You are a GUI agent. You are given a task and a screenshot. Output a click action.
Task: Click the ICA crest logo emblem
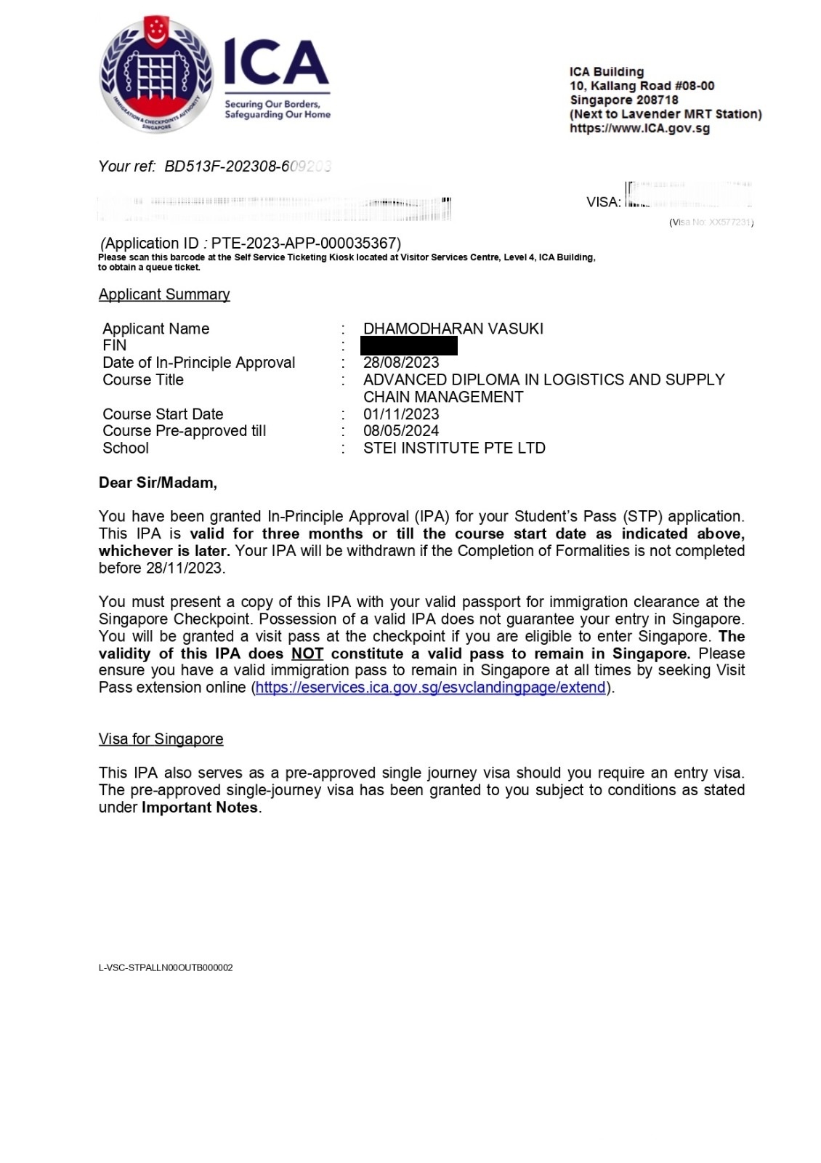point(156,75)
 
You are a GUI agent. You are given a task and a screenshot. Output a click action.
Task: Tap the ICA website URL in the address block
point(639,129)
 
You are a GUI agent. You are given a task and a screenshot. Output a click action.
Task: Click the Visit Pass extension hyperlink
point(431,688)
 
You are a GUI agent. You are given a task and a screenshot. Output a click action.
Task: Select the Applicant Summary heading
point(164,294)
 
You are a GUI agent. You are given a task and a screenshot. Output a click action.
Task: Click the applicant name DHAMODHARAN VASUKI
point(453,329)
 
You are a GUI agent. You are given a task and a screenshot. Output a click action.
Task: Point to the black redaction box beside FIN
point(409,345)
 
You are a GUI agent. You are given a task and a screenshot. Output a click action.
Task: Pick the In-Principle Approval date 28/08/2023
point(401,363)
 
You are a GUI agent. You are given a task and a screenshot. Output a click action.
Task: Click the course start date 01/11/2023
point(401,414)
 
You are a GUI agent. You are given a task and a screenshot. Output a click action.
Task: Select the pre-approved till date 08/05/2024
point(401,431)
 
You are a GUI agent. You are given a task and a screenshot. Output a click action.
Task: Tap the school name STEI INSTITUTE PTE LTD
point(454,448)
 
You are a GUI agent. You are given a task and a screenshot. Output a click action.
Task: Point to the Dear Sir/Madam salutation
point(158,483)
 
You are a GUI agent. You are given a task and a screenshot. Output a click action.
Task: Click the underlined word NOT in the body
point(307,653)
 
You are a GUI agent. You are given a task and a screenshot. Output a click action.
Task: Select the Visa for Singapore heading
point(161,739)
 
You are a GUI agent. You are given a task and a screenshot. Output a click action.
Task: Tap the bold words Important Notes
point(200,808)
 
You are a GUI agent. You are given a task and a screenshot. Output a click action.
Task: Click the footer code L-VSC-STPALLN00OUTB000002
point(166,967)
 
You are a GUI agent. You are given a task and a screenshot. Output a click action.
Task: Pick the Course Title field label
point(143,380)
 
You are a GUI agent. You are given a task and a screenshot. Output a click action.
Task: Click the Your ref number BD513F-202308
point(247,166)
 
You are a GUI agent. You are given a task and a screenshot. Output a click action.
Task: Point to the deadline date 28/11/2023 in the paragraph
point(185,568)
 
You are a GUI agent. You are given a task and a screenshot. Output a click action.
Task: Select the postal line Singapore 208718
point(624,100)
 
